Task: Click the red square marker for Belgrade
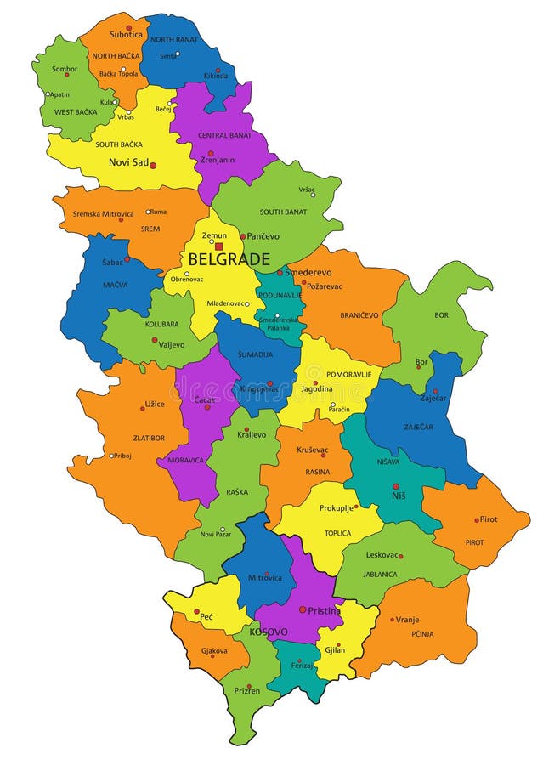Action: (x=218, y=246)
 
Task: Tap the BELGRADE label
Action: (x=229, y=260)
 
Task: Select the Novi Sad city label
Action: (x=127, y=162)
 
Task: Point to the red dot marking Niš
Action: (x=395, y=487)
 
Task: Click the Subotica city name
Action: (x=125, y=35)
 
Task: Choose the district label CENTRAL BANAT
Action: (x=224, y=135)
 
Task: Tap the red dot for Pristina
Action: (x=302, y=609)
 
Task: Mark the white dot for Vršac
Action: (x=313, y=195)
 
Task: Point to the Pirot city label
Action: (x=489, y=519)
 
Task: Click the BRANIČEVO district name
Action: (x=359, y=314)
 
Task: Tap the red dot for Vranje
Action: (x=393, y=620)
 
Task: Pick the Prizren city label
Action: (x=247, y=691)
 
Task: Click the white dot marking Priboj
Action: (x=111, y=456)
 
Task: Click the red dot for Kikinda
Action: (x=218, y=71)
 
